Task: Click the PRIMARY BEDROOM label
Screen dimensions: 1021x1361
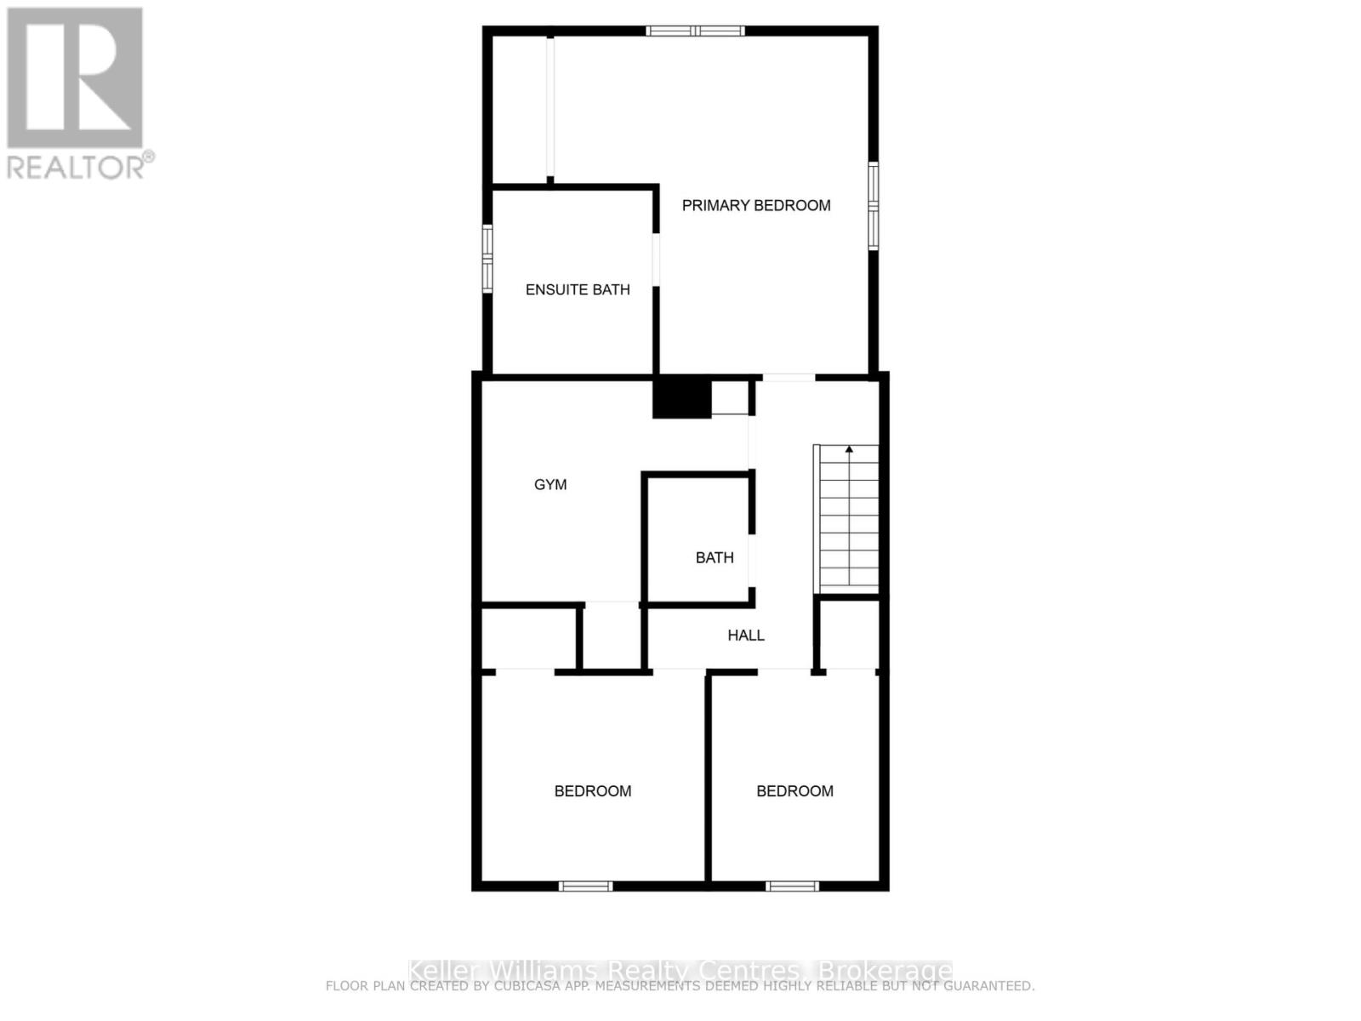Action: (x=755, y=205)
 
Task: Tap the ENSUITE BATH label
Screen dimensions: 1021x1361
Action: (x=577, y=289)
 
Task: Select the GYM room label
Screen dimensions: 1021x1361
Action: (x=550, y=484)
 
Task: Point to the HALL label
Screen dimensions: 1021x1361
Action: (x=745, y=635)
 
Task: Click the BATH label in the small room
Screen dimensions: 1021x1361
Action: (x=714, y=557)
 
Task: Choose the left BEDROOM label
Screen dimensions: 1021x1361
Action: (x=592, y=790)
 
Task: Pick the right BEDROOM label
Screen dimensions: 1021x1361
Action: (x=794, y=790)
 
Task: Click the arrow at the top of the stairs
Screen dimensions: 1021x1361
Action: (x=848, y=449)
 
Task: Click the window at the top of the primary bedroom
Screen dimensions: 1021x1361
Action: (x=695, y=31)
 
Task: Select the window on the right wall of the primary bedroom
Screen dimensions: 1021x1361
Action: (x=873, y=206)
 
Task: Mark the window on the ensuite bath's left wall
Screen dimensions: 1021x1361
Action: (x=487, y=258)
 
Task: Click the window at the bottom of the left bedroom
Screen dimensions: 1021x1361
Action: (x=585, y=886)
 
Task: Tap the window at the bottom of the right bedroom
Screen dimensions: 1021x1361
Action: (x=792, y=886)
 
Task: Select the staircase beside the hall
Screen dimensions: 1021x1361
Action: (x=847, y=519)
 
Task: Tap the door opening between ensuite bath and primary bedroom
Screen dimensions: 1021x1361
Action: (x=656, y=260)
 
